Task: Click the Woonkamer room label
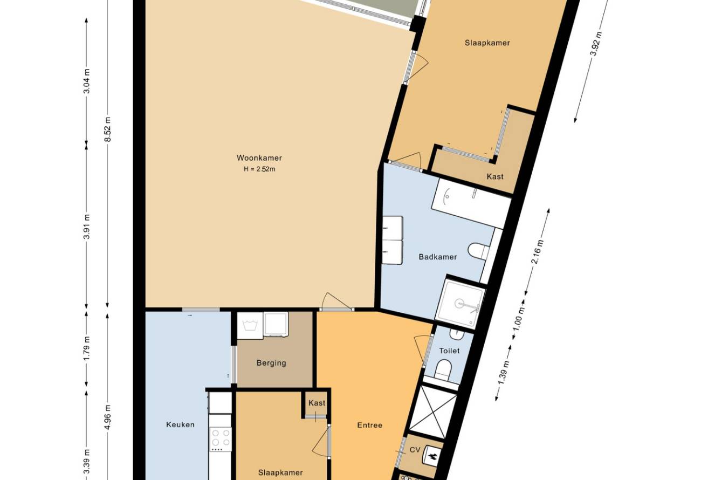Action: (259, 158)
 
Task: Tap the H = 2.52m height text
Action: (259, 169)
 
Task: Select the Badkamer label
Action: (437, 257)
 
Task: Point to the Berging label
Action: (271, 363)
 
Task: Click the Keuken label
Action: (180, 424)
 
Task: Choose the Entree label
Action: (369, 425)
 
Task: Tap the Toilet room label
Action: (449, 351)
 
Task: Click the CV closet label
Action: (415, 450)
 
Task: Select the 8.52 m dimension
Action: (108, 129)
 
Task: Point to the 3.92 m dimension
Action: (596, 44)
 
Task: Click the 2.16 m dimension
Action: (537, 251)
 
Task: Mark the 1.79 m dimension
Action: (87, 348)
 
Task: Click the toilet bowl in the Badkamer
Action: (478, 251)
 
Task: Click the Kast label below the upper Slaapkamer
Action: (495, 176)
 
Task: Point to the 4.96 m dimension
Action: (108, 417)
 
